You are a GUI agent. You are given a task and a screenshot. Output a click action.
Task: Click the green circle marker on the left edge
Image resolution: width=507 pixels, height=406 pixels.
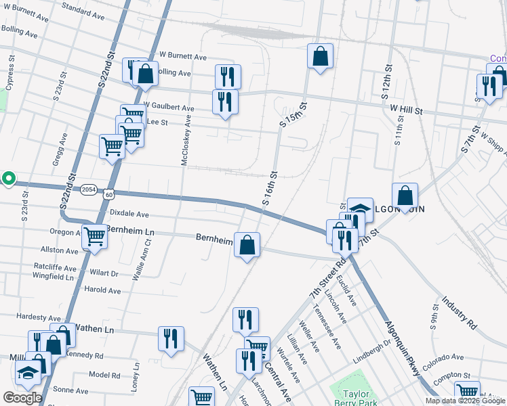(x=8, y=179)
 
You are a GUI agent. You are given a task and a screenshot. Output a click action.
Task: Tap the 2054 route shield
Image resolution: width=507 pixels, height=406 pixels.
(x=88, y=190)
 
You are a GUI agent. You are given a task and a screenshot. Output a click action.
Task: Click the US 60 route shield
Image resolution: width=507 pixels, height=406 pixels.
(x=109, y=194)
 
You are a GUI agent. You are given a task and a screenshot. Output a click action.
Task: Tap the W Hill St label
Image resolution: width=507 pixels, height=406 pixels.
(x=406, y=108)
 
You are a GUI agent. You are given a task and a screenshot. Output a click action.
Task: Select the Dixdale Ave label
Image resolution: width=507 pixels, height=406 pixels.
(x=129, y=213)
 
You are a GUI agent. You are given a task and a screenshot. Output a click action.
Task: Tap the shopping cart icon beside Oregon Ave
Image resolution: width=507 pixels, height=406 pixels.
(x=95, y=236)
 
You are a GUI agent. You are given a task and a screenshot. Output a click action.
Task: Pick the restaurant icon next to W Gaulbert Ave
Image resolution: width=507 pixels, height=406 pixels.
(x=225, y=101)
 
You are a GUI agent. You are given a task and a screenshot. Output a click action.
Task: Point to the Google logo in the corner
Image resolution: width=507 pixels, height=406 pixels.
(x=22, y=398)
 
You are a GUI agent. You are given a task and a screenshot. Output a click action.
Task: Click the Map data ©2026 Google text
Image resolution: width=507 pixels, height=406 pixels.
(x=465, y=401)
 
